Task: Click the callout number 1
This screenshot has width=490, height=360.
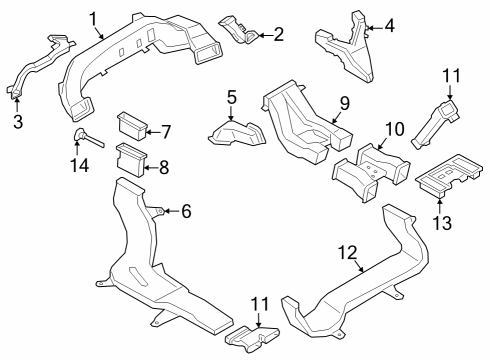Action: tap(93, 17)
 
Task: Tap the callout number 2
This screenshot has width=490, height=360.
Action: tap(278, 36)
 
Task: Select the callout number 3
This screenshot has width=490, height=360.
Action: tap(16, 122)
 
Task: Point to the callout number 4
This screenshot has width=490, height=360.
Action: tap(389, 26)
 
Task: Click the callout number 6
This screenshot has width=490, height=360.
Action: tap(185, 210)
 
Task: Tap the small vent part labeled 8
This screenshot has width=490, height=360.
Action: tap(130, 158)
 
